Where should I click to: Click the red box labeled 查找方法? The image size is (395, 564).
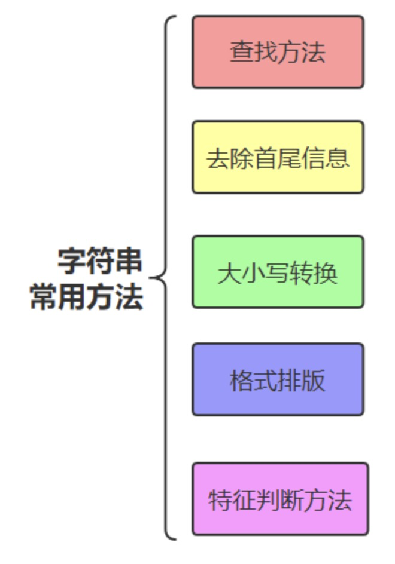coord(278,52)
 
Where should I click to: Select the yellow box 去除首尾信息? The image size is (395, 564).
coord(278,157)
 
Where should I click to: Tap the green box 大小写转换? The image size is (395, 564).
coord(278,272)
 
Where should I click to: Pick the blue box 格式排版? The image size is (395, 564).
coord(278,379)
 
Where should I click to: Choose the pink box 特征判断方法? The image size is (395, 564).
coord(280,499)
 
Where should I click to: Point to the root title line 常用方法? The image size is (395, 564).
coord(87,297)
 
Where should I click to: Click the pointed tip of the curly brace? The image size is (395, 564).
coord(151,278)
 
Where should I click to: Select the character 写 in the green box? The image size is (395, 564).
coord(278,273)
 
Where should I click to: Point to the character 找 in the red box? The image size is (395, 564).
coord(266,53)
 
